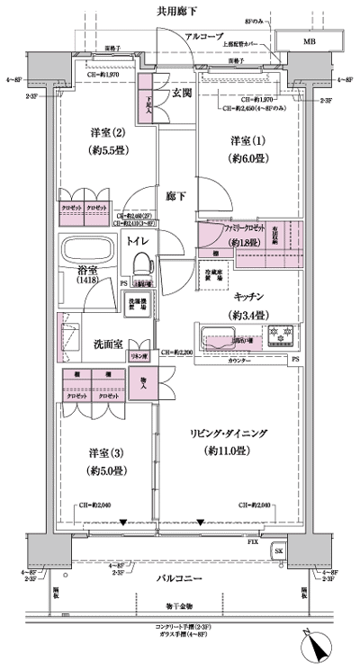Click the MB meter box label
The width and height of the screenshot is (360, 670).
point(309,41)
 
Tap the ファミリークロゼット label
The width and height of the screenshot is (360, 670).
point(229,230)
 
